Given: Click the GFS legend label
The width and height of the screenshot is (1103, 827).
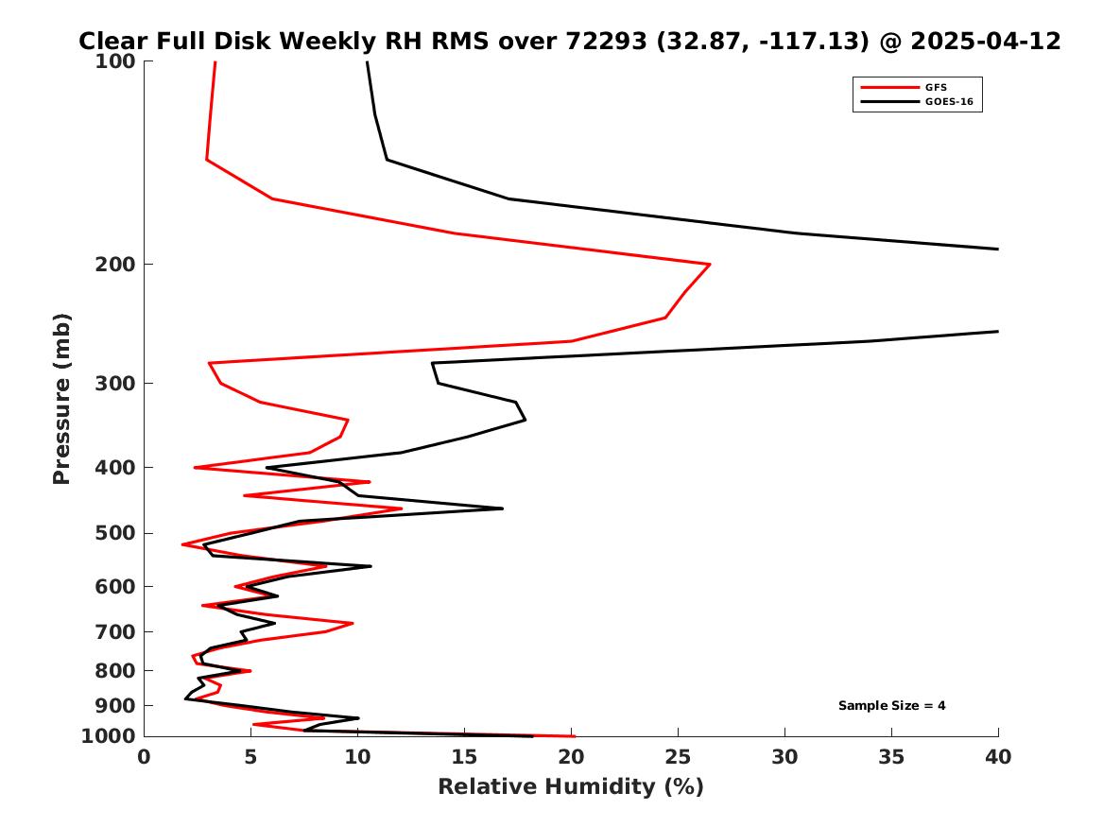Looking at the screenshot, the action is coord(936,87).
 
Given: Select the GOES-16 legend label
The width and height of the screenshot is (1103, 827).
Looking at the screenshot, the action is coord(949,101).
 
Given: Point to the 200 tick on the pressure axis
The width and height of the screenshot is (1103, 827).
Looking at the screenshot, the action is coord(114,265).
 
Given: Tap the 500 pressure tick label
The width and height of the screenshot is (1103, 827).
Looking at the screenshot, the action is coord(114,533).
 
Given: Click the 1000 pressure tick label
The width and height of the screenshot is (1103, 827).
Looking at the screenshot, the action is coord(109,736).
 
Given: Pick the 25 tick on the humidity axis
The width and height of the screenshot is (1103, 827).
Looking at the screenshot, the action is coord(678,757).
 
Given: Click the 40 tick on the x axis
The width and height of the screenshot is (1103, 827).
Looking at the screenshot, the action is coord(998,757).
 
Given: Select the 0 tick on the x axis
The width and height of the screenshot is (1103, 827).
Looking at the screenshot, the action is coord(145,757).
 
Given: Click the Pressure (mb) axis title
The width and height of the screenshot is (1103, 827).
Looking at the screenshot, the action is coord(61,399).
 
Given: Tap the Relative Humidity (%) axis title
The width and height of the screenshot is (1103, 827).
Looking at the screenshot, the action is coord(571,786).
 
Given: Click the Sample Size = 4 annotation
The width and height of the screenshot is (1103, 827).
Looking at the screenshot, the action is coord(891,705).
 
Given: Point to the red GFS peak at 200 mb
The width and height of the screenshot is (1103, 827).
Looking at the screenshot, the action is coord(710,265).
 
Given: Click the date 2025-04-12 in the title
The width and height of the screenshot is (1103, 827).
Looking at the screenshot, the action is coord(986,41).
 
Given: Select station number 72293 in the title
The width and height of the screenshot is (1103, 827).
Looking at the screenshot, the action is coord(607,41).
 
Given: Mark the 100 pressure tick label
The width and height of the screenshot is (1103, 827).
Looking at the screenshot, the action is coord(114,61).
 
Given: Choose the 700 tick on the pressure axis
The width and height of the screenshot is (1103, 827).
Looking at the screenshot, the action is coord(114,631).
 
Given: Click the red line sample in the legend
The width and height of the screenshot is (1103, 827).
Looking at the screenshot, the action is coord(889,87).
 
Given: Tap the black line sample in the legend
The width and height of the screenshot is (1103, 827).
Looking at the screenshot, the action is coord(889,101).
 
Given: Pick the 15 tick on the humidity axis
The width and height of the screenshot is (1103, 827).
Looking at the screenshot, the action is coord(464,757).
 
